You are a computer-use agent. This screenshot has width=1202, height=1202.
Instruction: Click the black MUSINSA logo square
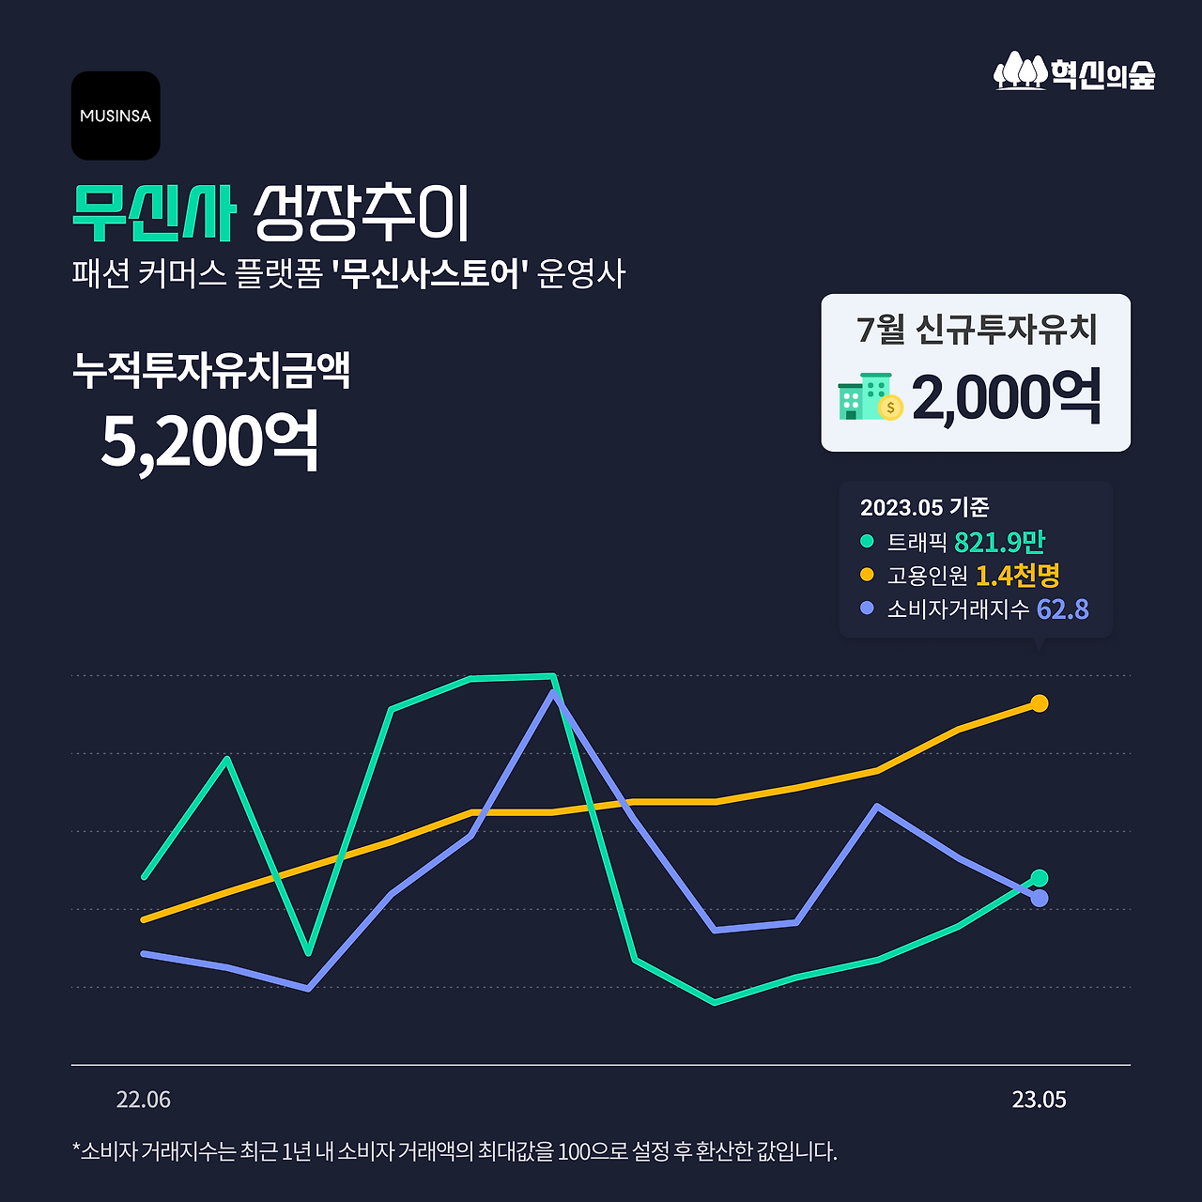116,116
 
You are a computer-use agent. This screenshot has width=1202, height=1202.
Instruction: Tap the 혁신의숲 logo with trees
1074,72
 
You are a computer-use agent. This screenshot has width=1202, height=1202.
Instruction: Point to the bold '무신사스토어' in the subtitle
431,275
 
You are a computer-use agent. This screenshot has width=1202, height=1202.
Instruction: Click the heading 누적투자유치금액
211,370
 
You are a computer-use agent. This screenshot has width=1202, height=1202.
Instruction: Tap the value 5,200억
209,439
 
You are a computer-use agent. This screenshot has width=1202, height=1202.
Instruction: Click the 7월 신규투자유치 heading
977,330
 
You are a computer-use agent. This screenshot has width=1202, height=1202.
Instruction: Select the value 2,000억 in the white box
1006,397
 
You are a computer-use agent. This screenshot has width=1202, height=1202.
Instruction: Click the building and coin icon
870,397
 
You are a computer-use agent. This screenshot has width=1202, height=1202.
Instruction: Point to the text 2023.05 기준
924,508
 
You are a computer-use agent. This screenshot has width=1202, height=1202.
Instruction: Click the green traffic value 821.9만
999,542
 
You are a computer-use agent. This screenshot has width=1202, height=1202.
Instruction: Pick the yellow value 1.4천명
1017,575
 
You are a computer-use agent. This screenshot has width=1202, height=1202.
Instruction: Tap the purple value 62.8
1062,609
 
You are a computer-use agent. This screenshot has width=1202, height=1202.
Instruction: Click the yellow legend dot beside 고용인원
867,575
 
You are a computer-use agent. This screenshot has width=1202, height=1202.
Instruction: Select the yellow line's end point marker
1039,703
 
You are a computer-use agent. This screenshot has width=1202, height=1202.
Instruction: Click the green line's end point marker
1039,878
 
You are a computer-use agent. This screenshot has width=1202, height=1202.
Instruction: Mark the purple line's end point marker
1040,899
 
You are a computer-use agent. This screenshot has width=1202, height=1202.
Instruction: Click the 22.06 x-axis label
144,1100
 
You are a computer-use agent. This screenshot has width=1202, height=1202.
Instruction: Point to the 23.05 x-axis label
1039,1100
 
